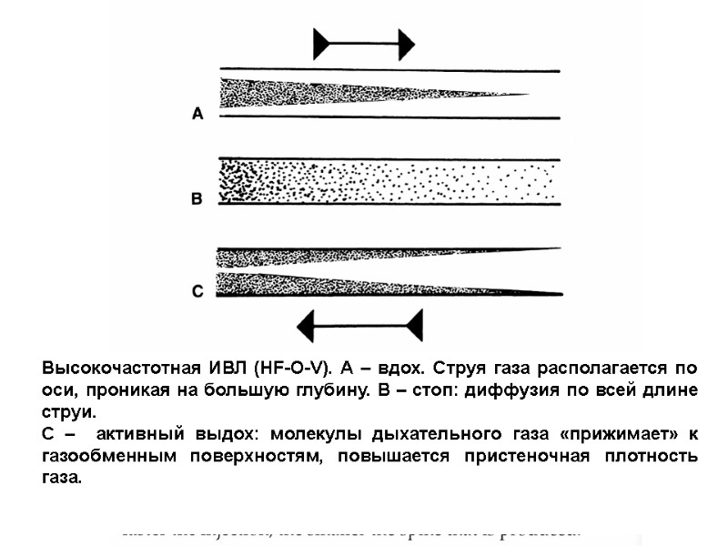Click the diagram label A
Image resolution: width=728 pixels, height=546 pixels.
[x=197, y=114]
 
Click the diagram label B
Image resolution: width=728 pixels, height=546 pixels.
[x=197, y=198]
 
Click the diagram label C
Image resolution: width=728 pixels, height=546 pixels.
[x=197, y=291]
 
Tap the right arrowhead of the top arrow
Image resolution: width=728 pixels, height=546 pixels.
[x=406, y=44]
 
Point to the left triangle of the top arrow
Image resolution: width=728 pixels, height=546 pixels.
[x=322, y=44]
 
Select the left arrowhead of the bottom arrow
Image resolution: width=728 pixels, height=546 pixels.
[x=307, y=325]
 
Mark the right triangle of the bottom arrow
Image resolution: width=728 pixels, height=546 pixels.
[x=415, y=325]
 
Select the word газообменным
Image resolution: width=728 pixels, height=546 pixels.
[x=106, y=454]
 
